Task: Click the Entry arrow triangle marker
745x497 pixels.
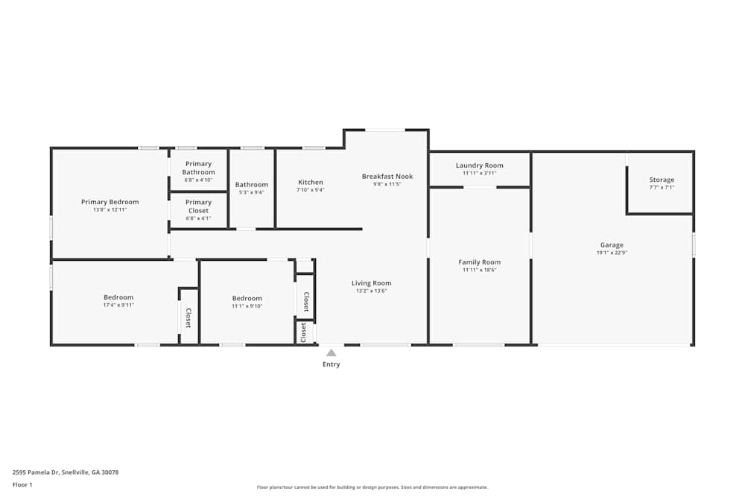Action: click(x=331, y=353)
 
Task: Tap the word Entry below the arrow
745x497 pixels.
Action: click(x=331, y=364)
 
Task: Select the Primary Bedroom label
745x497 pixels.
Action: click(x=110, y=202)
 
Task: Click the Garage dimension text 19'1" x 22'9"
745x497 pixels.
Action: click(x=612, y=253)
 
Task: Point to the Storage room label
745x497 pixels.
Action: click(x=661, y=180)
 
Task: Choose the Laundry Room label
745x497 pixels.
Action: click(x=479, y=165)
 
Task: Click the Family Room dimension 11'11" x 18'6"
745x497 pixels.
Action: click(x=479, y=270)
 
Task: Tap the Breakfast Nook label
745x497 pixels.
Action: click(x=387, y=177)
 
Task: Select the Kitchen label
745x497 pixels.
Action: click(x=311, y=183)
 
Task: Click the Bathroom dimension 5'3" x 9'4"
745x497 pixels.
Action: click(x=251, y=192)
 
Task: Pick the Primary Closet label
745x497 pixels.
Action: click(x=198, y=206)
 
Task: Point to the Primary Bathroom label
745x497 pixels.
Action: click(x=198, y=168)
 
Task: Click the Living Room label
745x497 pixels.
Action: click(x=371, y=283)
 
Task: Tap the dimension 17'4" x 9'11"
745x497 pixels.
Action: click(x=118, y=305)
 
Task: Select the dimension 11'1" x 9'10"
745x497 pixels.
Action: click(x=247, y=306)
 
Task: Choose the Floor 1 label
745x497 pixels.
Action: click(x=22, y=484)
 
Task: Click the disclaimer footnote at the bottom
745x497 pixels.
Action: click(x=372, y=487)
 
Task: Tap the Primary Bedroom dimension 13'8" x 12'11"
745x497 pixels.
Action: click(x=110, y=209)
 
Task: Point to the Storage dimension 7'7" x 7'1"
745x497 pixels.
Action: click(x=661, y=187)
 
